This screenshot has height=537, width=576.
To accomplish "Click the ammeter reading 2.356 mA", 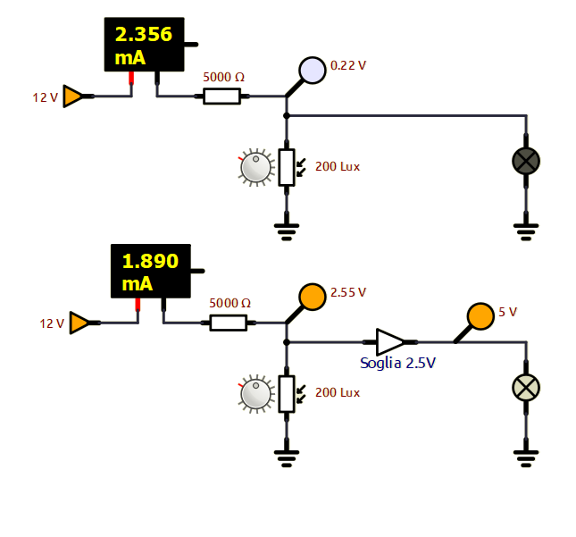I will point(145,45).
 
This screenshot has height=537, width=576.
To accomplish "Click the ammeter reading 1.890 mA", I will point(150,272).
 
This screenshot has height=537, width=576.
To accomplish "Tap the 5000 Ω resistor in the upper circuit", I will point(222,96).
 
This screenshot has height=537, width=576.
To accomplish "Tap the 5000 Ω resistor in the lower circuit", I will point(229,323).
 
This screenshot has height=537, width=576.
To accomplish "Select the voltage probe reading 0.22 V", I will point(312,70).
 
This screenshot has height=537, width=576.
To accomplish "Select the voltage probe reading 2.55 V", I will point(312,297).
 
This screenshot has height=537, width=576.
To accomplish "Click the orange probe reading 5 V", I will point(480,316).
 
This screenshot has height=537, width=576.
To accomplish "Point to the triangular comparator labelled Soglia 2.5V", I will point(390,341).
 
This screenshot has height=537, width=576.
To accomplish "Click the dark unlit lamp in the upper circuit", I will point(526,161).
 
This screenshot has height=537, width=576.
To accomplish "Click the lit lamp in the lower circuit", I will point(526,387).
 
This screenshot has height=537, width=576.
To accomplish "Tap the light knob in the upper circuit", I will point(256,167).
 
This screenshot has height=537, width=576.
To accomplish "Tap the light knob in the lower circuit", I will point(256,394).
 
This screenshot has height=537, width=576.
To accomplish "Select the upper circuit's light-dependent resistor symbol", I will point(286,167).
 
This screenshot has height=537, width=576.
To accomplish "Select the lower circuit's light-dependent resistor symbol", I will point(286,394).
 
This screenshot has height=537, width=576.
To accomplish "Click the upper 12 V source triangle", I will point(75,96).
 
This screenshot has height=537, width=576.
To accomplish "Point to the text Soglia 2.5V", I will point(397,364).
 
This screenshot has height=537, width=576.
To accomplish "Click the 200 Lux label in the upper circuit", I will point(338,166).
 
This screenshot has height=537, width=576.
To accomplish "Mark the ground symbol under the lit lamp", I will point(526,457).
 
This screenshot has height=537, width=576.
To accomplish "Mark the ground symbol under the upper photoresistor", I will point(286,231).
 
